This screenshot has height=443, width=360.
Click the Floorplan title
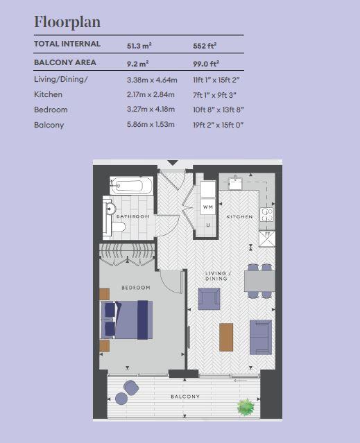tap(67, 22)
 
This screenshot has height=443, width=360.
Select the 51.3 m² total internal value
tap(139, 46)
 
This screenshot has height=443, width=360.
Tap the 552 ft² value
tap(205, 46)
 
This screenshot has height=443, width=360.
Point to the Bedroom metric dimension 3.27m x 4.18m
tap(151, 110)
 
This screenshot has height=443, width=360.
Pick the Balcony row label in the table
tap(49, 125)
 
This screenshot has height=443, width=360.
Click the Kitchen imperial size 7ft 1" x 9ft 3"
tap(214, 95)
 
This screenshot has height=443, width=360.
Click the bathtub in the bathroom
tap(131, 186)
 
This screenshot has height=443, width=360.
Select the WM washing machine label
tap(208, 207)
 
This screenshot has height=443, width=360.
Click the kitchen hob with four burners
tap(266, 215)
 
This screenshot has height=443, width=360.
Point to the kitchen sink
tap(235, 183)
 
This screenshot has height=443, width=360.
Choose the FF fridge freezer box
tap(267, 239)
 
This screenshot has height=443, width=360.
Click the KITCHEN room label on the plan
tap(239, 217)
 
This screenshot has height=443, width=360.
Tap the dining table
tap(259, 281)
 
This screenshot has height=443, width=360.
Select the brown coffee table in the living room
tap(226, 337)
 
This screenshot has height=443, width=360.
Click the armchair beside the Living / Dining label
tap(209, 299)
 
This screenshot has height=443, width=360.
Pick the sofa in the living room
tap(261, 337)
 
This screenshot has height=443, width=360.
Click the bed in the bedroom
tap(127, 320)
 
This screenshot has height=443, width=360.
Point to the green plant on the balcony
tap(246, 407)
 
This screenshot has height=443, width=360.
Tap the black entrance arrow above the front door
tap(173, 163)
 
